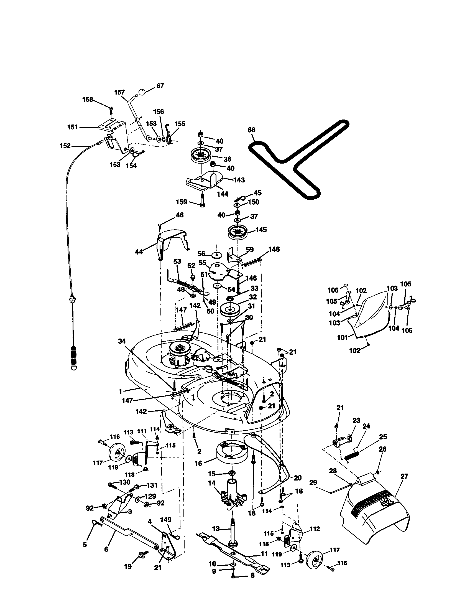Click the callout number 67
tap(160, 85)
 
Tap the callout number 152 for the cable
tap(65, 146)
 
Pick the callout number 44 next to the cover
tap(139, 252)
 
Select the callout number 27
tap(404, 476)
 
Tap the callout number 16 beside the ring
tap(198, 463)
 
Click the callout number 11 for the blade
tap(264, 553)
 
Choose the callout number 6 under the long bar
tap(106, 549)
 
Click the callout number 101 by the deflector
tap(342, 337)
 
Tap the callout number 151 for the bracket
tap(72, 127)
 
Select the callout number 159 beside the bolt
tap(181, 202)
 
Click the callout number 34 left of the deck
tap(122, 341)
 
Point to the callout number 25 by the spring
tap(383, 436)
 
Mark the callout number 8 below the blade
tap(252, 575)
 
